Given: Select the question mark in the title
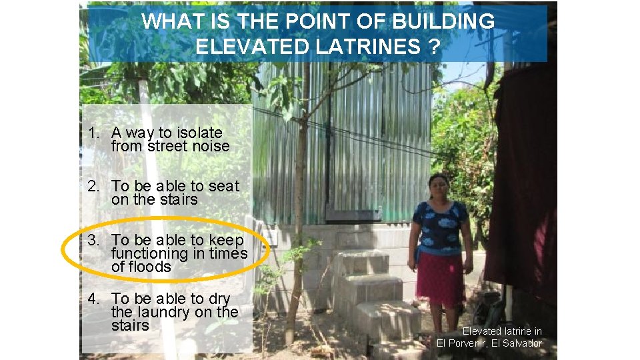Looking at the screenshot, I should point(435,47).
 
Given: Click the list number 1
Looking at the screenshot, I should point(92,133).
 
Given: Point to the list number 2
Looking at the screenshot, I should point(92,187).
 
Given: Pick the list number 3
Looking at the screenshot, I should point(92,240).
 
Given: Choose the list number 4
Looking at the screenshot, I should point(92,299).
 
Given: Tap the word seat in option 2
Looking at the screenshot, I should point(224,187).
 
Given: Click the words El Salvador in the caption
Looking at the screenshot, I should point(515,343).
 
